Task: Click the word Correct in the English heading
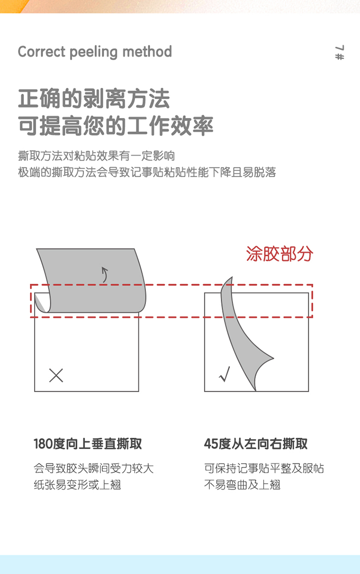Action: click(42, 52)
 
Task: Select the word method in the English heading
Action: click(147, 52)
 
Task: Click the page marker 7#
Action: click(339, 52)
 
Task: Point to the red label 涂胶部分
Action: click(279, 254)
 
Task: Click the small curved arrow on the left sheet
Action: click(105, 275)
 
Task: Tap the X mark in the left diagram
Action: click(56, 376)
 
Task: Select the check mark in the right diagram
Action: click(225, 374)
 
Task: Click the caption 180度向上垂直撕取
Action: click(88, 444)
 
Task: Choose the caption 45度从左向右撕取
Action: click(256, 444)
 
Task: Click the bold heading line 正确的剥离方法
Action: click(94, 99)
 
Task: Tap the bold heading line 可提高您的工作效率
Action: click(116, 126)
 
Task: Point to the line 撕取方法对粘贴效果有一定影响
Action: click(96, 156)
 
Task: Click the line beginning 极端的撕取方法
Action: click(147, 172)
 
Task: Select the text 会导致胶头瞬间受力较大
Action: click(94, 468)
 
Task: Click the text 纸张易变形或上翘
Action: click(77, 485)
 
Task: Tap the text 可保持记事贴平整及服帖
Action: click(264, 468)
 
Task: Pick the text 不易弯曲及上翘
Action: click(242, 485)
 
